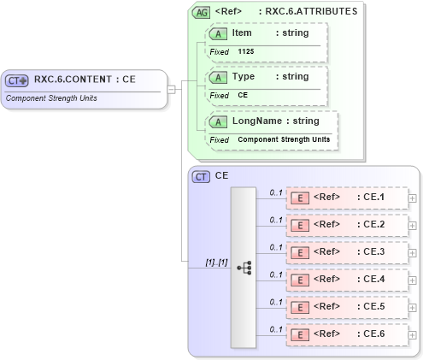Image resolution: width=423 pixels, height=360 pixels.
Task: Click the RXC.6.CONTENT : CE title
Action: pyautogui.click(x=85, y=80)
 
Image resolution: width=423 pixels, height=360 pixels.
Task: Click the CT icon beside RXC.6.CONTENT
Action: pyautogui.click(x=17, y=80)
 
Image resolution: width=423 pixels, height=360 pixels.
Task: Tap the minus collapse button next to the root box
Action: pyautogui.click(x=172, y=89)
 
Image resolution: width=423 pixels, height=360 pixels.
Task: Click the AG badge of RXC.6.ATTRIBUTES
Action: pyautogui.click(x=201, y=13)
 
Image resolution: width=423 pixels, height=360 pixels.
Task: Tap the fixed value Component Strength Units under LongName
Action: pyautogui.click(x=283, y=139)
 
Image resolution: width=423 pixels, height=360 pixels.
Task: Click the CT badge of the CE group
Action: pyautogui.click(x=201, y=176)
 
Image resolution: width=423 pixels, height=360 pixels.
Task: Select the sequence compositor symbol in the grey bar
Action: pyautogui.click(x=244, y=267)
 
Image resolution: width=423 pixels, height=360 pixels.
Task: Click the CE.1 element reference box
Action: pyautogui.click(x=346, y=198)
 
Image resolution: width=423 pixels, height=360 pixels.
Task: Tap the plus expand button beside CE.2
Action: pyautogui.click(x=413, y=226)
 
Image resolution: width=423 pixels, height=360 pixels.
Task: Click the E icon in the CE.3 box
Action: pyautogui.click(x=300, y=253)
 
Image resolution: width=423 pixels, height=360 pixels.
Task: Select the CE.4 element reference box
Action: pyautogui.click(x=346, y=280)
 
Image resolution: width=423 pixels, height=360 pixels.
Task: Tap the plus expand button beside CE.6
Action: pyautogui.click(x=413, y=335)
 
